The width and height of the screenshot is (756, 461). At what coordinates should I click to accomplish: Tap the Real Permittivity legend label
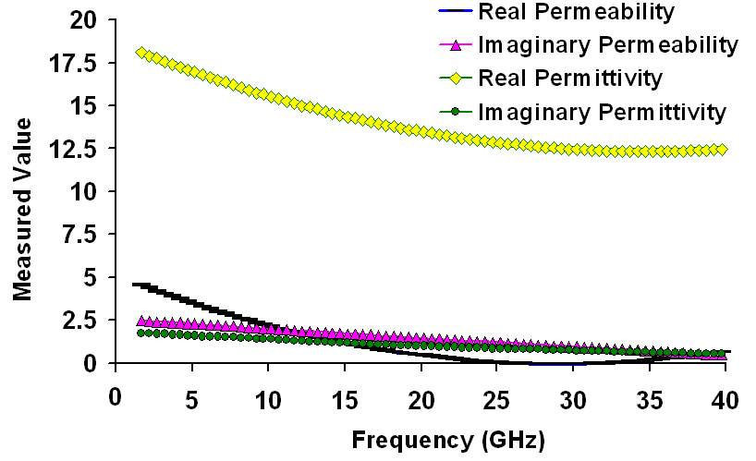tap(570, 78)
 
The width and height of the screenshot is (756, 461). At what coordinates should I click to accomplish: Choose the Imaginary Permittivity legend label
tap(602, 112)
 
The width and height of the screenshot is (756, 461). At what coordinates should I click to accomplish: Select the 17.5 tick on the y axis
tap(77, 64)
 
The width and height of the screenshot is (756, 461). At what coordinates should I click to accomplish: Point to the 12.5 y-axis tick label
tap(77, 149)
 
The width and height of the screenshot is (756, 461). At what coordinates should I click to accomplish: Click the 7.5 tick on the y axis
tap(83, 235)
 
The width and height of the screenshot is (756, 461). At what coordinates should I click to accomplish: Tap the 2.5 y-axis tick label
tap(83, 320)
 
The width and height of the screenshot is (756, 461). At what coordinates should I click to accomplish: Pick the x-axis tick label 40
tap(726, 400)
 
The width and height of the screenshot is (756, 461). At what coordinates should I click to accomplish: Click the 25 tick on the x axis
tap(496, 400)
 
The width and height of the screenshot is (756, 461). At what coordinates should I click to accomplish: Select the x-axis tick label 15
tap(344, 400)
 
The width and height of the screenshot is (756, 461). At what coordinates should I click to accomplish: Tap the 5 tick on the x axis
tap(191, 400)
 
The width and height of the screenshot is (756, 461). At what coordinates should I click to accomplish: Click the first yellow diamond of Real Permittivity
tap(140, 53)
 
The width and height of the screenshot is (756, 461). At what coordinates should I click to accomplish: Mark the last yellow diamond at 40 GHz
tap(722, 150)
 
